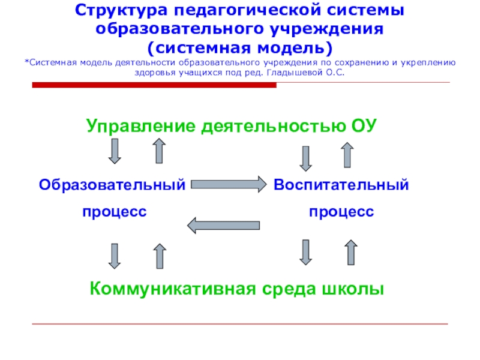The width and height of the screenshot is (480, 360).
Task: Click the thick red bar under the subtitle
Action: [154, 85]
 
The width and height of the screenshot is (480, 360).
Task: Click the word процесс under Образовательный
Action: [115, 211]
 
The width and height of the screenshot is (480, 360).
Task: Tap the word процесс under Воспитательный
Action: [341, 211]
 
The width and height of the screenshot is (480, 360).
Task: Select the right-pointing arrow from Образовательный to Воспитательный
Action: [229, 184]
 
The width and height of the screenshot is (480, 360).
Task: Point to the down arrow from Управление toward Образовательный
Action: [115, 151]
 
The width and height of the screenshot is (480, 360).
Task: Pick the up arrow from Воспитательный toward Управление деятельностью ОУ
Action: [347, 155]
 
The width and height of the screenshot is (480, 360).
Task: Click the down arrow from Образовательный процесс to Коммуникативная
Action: [115, 256]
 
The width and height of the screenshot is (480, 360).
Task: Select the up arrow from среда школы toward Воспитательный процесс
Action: [351, 252]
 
